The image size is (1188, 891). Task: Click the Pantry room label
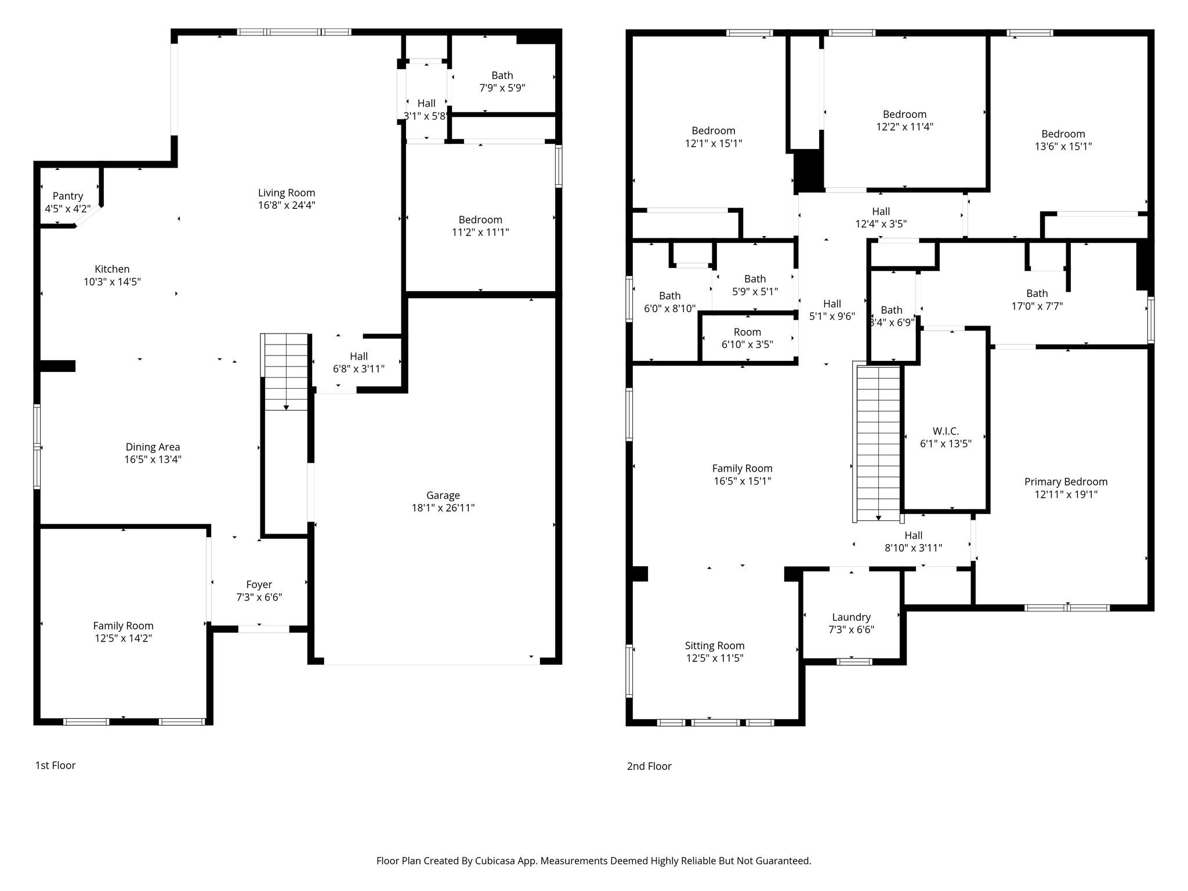pos(68,196)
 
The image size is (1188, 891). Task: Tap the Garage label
pos(443,495)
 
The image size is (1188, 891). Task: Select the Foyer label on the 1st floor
pos(259,585)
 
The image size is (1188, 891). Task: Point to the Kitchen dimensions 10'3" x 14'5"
pos(112,282)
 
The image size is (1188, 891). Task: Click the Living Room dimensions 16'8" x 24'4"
pos(287,205)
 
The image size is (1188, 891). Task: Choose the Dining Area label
pos(153,447)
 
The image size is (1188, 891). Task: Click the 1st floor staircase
pos(286,372)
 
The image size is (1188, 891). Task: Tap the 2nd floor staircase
pos(878,442)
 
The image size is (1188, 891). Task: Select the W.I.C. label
pos(946,431)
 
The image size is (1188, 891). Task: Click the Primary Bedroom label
pos(1066,481)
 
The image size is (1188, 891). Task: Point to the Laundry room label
pos(851,617)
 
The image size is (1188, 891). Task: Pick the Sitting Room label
pos(714,646)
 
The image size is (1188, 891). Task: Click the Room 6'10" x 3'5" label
pos(747,338)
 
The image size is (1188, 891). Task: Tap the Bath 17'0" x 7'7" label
pos(1037,299)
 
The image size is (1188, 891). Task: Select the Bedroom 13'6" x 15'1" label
pos(1063,140)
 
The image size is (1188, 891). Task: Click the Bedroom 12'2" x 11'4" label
pos(904,121)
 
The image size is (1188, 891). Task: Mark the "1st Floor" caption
pos(55,765)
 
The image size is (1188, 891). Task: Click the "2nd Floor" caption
pos(649,766)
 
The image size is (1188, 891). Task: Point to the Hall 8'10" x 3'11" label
pos(913,541)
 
